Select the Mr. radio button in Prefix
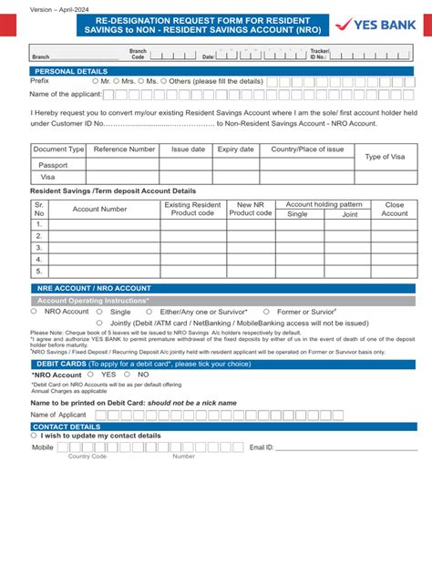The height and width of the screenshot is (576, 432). click(96, 81)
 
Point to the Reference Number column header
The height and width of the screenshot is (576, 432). click(124, 149)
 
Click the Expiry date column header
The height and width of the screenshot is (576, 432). click(235, 149)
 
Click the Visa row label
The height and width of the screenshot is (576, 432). click(47, 178)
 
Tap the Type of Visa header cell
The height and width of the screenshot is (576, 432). click(385, 157)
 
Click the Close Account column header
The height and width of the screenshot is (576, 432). click(395, 210)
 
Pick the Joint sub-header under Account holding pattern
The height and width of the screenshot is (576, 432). click(349, 215)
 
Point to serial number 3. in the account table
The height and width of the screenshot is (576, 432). click(39, 247)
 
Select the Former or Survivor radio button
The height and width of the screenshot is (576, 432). click(270, 312)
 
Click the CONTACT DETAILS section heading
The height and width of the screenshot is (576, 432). click(67, 427)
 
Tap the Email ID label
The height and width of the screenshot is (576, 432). click(262, 447)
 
